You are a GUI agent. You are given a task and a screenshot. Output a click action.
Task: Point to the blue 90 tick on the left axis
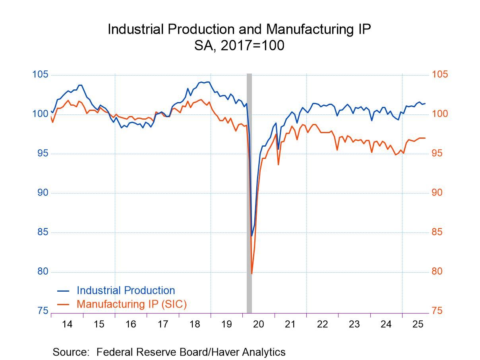(x=41, y=193)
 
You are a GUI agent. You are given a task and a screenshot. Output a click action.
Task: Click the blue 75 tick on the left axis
(x=41, y=311)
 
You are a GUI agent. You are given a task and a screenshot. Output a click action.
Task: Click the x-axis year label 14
(x=67, y=324)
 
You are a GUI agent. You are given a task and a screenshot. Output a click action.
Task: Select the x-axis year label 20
(x=259, y=324)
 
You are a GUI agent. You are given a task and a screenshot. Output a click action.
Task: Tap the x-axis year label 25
(x=418, y=324)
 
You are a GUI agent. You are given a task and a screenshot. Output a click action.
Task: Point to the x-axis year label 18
(x=195, y=324)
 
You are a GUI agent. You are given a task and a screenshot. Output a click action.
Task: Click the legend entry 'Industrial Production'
(x=126, y=290)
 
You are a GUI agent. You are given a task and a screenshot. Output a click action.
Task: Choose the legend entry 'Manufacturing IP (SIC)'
(x=132, y=304)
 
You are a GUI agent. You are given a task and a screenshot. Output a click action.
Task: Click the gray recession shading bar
(x=249, y=191)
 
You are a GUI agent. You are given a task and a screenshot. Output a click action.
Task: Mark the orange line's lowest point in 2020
(x=252, y=273)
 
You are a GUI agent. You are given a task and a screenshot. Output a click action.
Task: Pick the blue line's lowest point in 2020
(x=252, y=236)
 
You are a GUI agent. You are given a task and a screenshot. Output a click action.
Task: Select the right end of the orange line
(x=425, y=138)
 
